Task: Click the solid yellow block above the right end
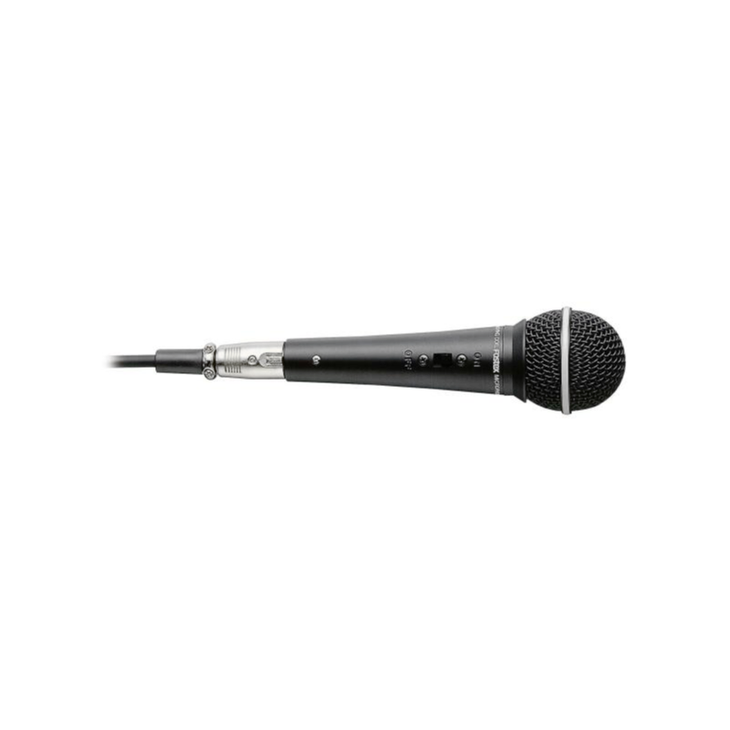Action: click(583, 304)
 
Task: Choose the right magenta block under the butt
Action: click(495, 401)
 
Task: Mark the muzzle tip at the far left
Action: click(112, 361)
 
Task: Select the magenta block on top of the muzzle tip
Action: click(116, 352)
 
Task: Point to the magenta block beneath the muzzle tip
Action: click(130, 372)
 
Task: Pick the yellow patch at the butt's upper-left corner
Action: click(516, 318)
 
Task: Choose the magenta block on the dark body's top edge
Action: click(305, 335)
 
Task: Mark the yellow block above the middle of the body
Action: click(364, 331)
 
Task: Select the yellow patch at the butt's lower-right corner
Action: click(609, 400)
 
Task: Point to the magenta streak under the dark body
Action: click(321, 387)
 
